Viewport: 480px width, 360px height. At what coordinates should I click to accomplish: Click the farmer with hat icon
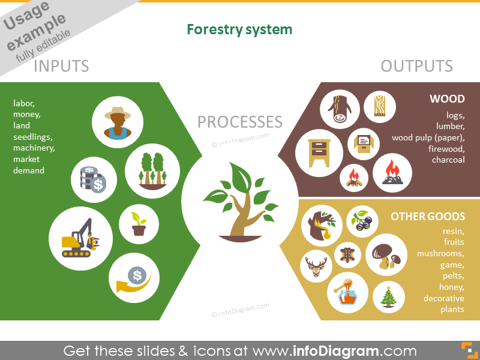[x=117, y=122]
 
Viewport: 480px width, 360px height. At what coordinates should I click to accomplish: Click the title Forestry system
[x=239, y=29]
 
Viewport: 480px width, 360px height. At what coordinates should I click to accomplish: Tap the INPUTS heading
[x=61, y=65]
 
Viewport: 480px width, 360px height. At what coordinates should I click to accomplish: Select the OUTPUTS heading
[x=416, y=65]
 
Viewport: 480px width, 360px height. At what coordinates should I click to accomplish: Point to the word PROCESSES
[x=239, y=122]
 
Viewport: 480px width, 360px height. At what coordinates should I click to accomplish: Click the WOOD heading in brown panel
[x=447, y=99]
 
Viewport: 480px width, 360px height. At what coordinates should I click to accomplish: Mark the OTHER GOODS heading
[x=428, y=217]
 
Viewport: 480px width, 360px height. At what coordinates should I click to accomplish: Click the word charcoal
[x=448, y=160]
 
